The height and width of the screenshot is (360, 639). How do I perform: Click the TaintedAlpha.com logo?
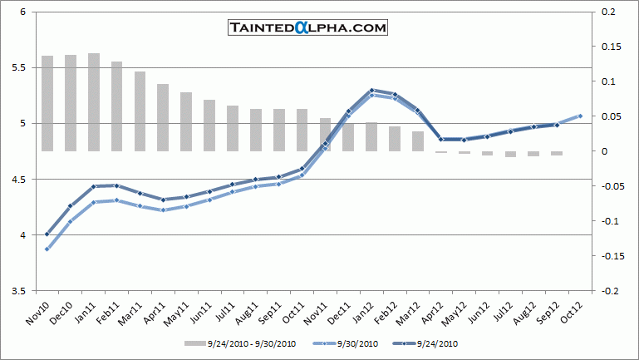click(307, 28)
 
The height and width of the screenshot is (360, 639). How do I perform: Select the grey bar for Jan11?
click(94, 102)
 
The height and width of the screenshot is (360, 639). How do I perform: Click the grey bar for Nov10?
click(47, 103)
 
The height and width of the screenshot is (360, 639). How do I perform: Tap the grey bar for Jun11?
click(209, 126)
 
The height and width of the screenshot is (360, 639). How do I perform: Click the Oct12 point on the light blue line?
click(580, 116)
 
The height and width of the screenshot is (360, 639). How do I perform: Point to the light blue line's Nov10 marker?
click(47, 249)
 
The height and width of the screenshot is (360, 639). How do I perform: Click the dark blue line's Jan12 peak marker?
click(371, 90)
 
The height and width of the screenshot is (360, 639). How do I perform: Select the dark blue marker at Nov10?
click(47, 234)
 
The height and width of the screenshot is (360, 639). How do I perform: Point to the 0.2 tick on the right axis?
click(607, 12)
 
